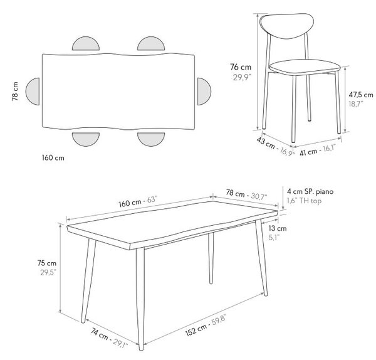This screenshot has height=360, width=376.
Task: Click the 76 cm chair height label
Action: click(241, 67)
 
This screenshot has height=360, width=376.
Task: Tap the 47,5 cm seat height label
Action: click(361, 95)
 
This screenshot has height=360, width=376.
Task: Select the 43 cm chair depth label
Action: click(266, 143)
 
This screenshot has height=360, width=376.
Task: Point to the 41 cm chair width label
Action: click(308, 152)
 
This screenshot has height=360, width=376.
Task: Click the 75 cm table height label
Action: click(47, 263)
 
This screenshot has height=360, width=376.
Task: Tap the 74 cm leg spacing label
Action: click(99, 334)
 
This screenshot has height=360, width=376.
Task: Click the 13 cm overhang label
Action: click(278, 228)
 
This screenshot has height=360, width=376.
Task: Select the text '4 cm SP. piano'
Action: click(310, 191)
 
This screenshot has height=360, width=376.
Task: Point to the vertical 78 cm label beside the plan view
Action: click(15, 92)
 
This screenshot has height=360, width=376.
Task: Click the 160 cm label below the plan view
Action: click(53, 157)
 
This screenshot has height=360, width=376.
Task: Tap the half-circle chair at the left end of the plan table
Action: click(33, 92)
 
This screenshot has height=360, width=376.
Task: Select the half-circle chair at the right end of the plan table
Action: click(204, 92)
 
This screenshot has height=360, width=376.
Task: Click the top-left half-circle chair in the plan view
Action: click(86, 44)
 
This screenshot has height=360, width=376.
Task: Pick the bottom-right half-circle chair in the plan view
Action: click(151, 139)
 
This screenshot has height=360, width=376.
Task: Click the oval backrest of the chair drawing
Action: click(287, 25)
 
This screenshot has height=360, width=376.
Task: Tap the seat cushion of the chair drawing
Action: click(305, 67)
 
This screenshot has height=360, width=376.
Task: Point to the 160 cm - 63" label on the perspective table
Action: click(138, 201)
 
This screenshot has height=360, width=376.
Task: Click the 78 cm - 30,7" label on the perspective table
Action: click(246, 194)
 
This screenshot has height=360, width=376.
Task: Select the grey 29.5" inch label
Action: click(48, 273)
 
